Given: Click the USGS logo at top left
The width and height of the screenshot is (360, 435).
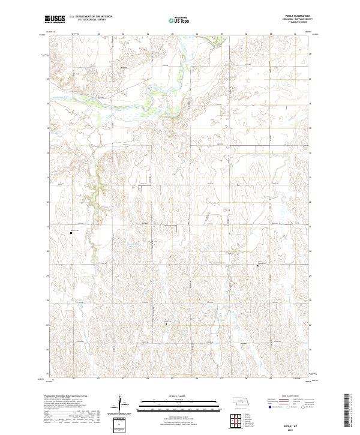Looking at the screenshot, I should tap(54, 19).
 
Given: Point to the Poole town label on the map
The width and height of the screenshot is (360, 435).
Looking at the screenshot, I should tap(124, 67).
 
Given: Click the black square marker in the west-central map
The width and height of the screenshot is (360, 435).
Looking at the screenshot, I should tap(70, 233).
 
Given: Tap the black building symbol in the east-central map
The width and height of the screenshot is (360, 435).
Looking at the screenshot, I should tap(259, 264).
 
